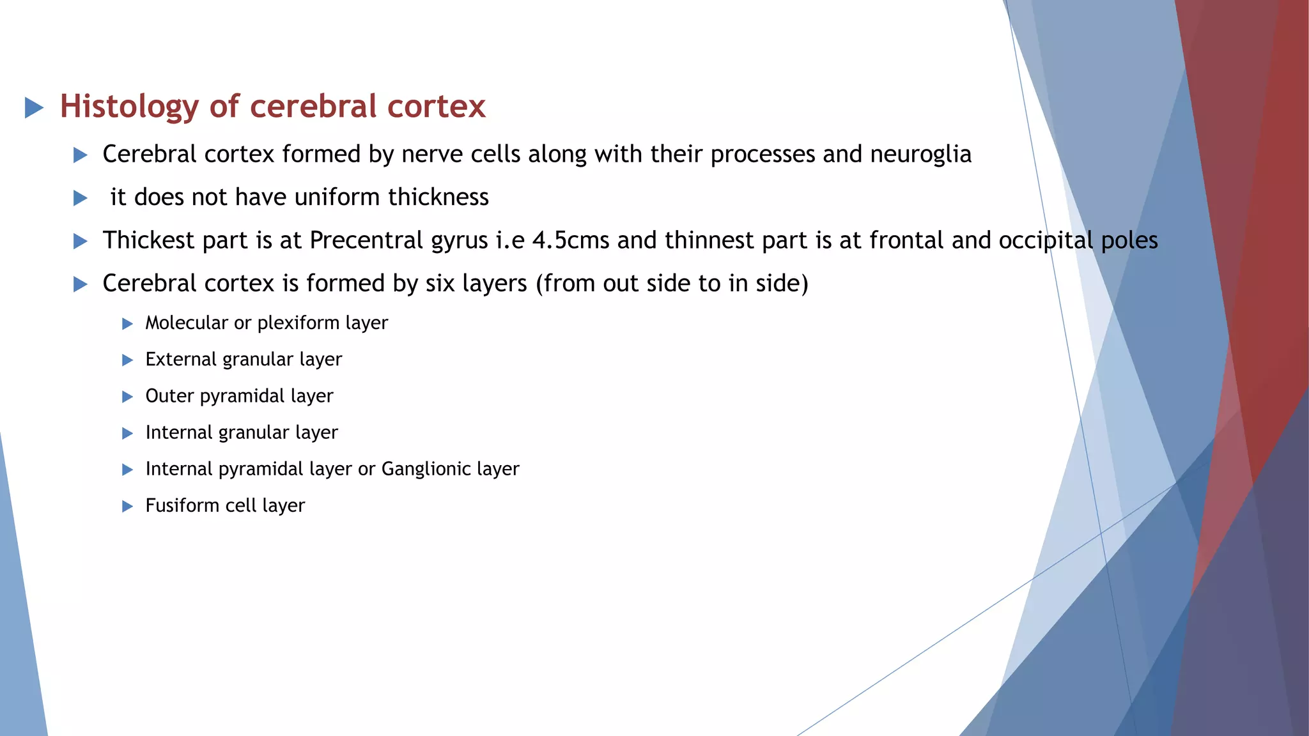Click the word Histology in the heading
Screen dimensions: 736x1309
click(128, 107)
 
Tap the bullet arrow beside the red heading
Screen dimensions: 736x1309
click(34, 107)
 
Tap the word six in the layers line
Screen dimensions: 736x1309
click(440, 284)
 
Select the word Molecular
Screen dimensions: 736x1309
click(187, 323)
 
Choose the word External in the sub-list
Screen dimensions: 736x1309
click(181, 360)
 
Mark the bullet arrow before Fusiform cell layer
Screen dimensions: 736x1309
click(127, 507)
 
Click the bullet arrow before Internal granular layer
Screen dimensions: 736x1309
click(127, 434)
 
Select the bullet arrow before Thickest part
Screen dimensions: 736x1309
click(80, 241)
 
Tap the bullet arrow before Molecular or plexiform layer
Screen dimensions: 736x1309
click(127, 324)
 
